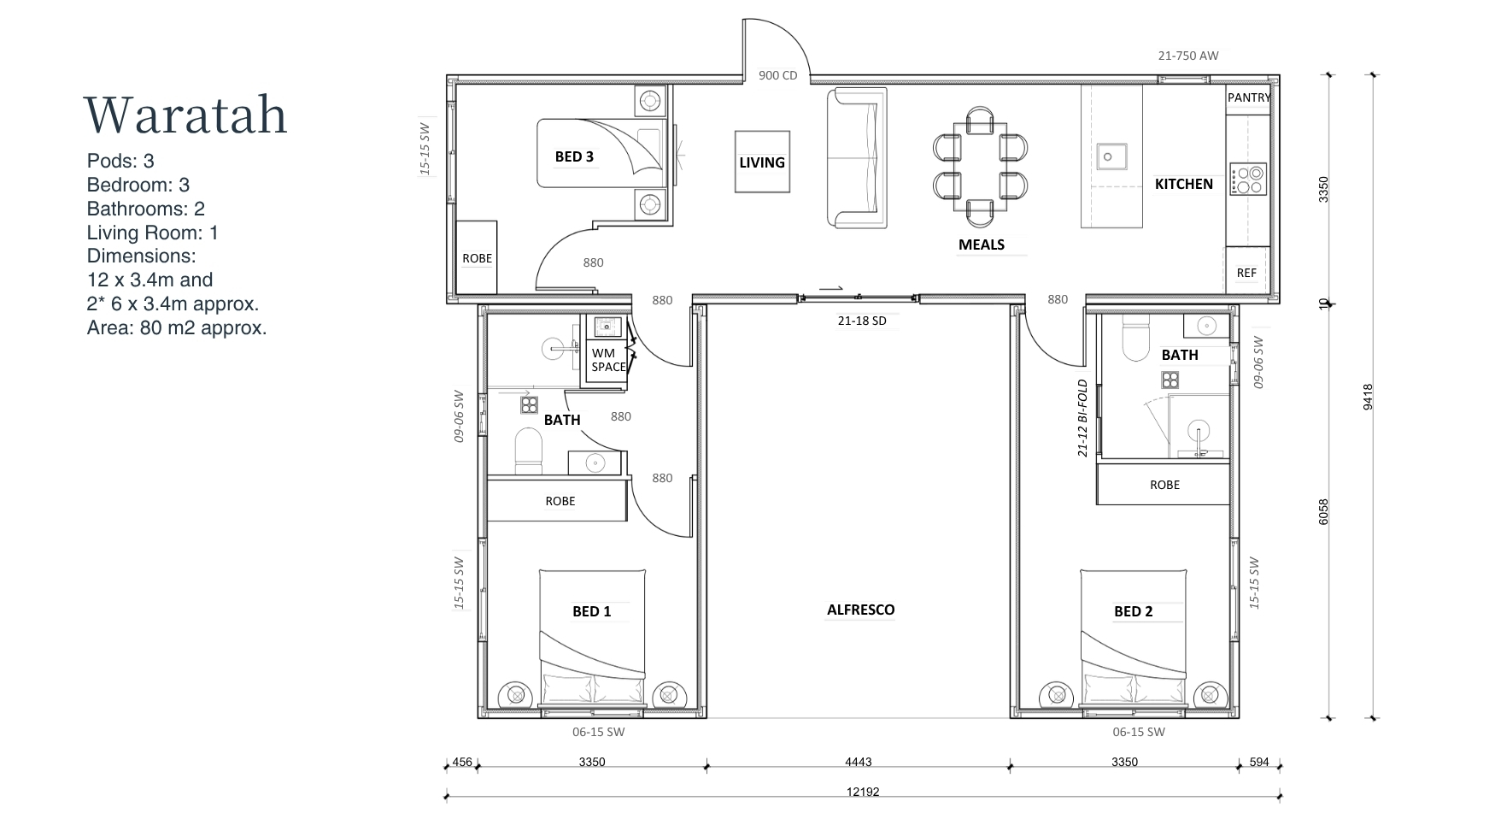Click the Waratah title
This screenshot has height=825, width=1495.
[x=185, y=115]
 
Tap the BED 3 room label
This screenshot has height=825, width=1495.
[x=574, y=156]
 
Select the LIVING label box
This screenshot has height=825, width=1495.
[x=762, y=162]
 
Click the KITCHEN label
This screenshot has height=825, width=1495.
[x=1183, y=184]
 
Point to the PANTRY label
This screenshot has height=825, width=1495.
[x=1248, y=97]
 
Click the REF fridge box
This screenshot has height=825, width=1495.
[x=1247, y=273]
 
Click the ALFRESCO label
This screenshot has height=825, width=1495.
[x=860, y=610]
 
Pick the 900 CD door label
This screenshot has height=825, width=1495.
[x=777, y=75]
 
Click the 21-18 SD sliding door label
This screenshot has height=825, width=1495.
[x=862, y=321]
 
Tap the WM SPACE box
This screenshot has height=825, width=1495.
[x=607, y=360]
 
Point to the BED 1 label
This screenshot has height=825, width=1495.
[x=591, y=611]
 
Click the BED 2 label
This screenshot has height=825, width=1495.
[x=1133, y=611]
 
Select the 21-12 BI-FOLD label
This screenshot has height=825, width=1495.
[x=1082, y=418]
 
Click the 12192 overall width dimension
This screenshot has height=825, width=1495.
[x=863, y=792]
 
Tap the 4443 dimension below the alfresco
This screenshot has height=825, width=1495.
[x=858, y=762]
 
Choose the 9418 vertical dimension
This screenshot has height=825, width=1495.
[x=1368, y=397]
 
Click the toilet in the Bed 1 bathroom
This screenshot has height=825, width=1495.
[x=529, y=451]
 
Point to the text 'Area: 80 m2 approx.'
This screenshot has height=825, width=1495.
[x=177, y=327]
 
